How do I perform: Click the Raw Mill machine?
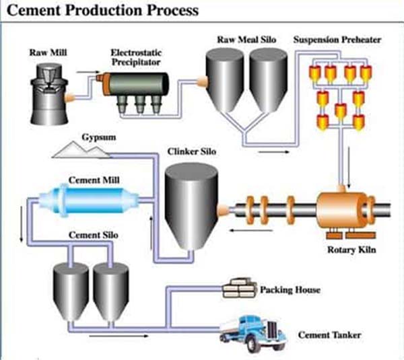click(x=49, y=94)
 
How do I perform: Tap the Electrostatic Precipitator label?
click(x=136, y=57)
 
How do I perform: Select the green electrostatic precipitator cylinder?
click(x=136, y=84)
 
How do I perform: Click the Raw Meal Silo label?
click(x=246, y=40)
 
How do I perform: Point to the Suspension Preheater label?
click(x=337, y=40)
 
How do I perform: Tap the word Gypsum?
click(x=99, y=137)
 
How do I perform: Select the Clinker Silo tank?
click(x=191, y=207)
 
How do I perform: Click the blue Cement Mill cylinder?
click(x=89, y=200)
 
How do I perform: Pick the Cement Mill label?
click(x=94, y=180)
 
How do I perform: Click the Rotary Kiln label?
click(x=351, y=250)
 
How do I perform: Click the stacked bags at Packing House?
click(x=240, y=288)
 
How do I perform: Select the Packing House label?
click(x=290, y=290)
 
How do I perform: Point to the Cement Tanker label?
click(x=329, y=335)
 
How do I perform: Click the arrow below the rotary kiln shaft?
click(x=251, y=230)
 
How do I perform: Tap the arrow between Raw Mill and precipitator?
click(x=88, y=73)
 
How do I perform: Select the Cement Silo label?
click(x=94, y=235)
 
